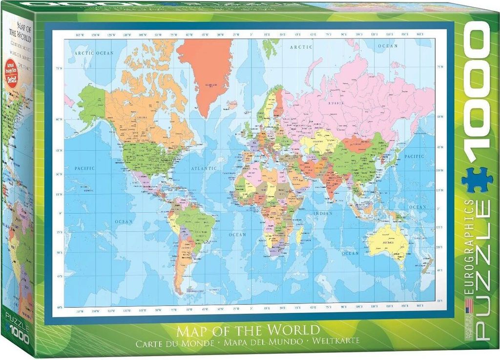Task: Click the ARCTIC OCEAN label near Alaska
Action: tap(91, 53)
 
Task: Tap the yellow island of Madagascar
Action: tap(299, 235)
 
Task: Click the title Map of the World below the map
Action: tap(248, 330)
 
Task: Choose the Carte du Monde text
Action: tap(176, 341)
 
